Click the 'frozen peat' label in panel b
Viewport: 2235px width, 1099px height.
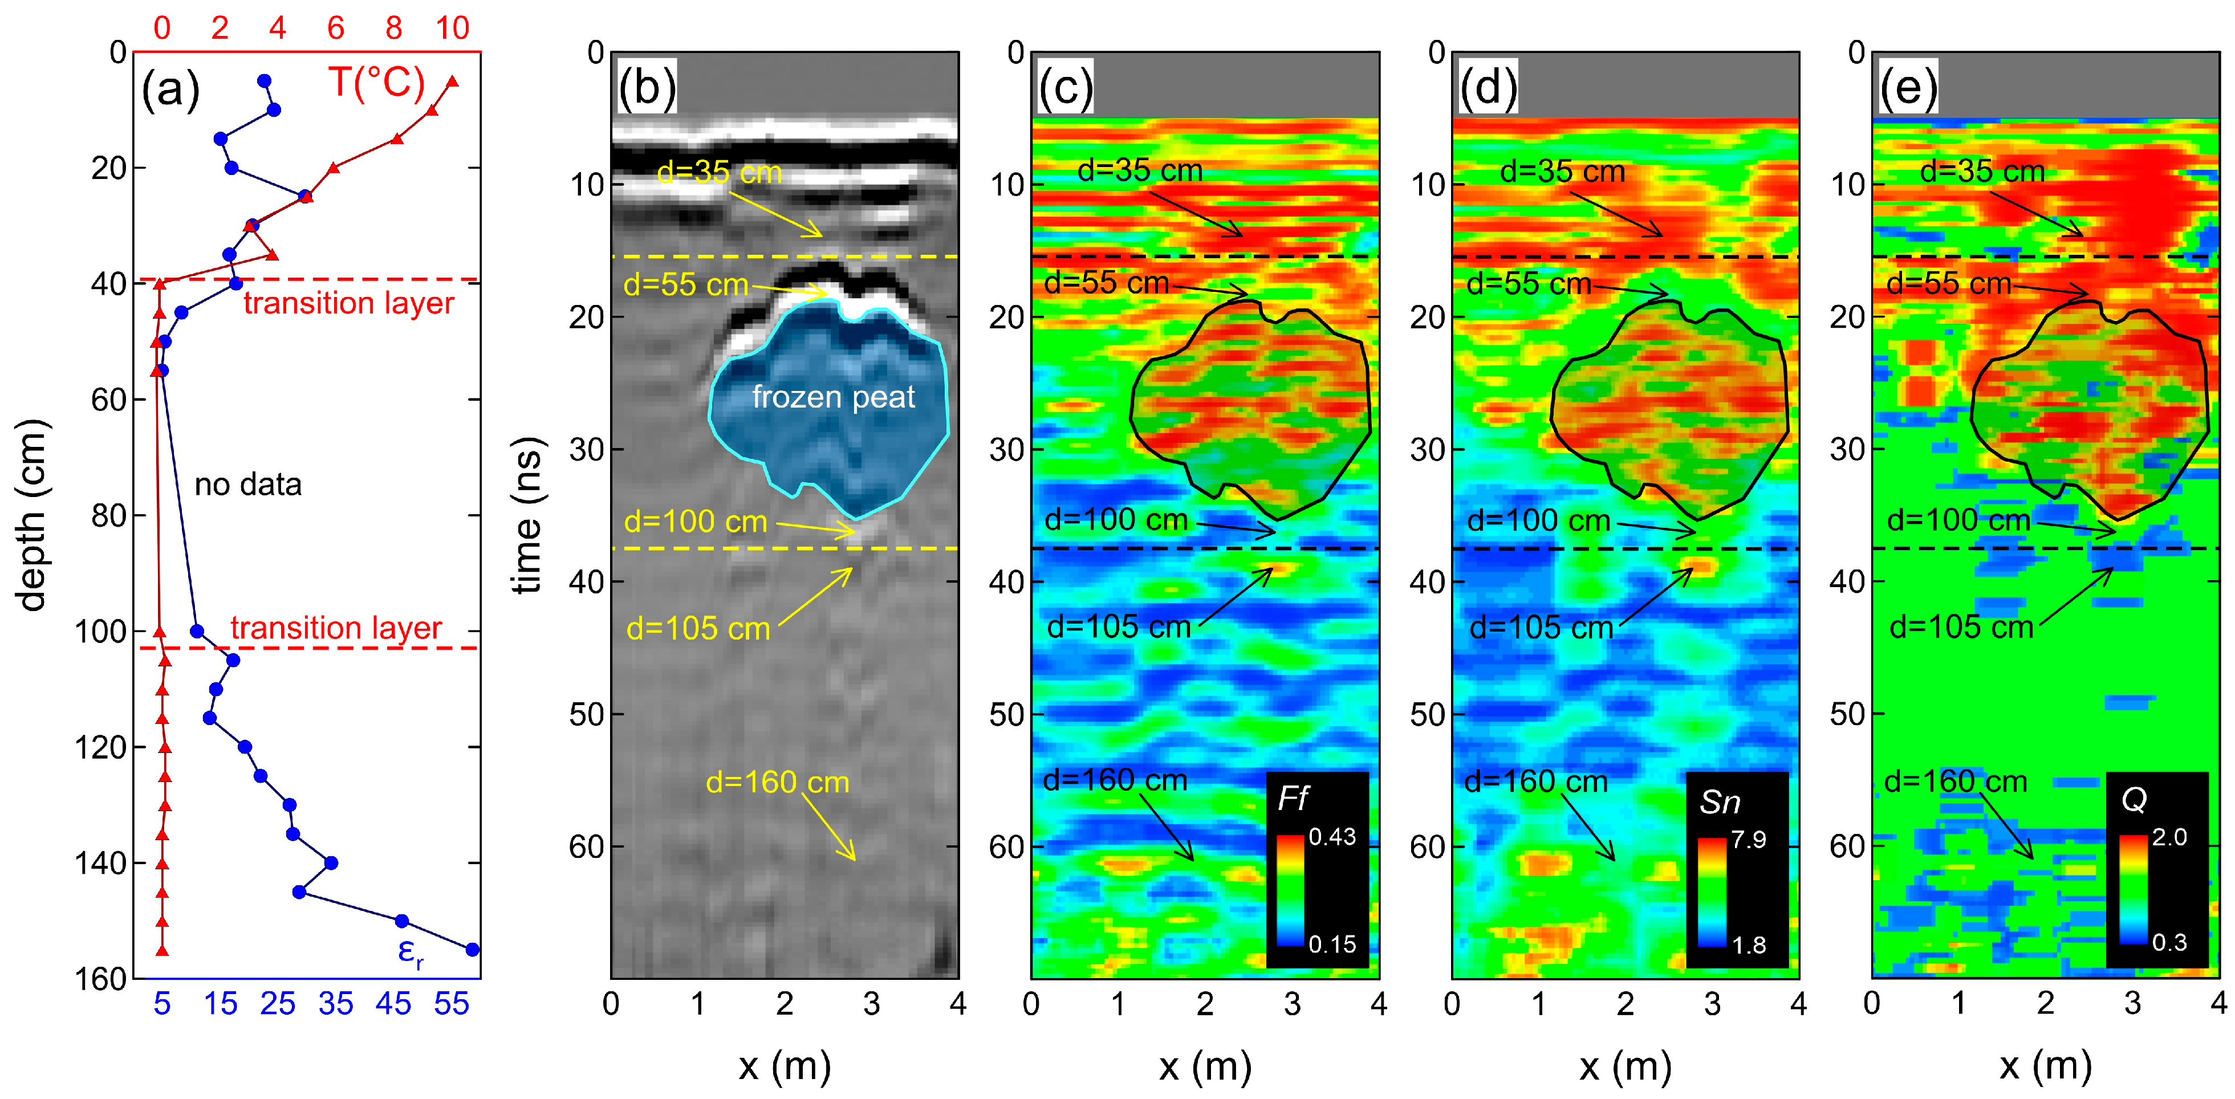tap(833, 397)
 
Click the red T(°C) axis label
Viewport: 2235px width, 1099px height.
tap(376, 83)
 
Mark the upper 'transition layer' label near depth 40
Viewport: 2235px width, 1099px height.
tap(349, 304)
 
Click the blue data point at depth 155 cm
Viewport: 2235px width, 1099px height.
tap(472, 949)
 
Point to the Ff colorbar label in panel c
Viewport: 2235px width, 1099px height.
tap(1292, 799)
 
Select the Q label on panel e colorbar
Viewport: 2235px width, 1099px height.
tap(2134, 799)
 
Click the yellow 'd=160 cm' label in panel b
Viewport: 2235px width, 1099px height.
tap(777, 783)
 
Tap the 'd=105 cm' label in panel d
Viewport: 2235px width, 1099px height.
tap(1541, 627)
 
